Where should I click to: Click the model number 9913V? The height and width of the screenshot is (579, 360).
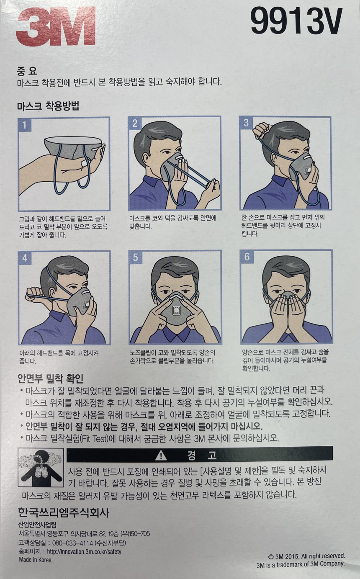click(x=297, y=21)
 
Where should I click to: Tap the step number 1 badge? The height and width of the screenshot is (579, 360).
click(x=25, y=125)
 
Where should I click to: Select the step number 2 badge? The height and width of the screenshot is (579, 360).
click(x=135, y=124)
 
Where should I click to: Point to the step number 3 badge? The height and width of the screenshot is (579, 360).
click(x=246, y=123)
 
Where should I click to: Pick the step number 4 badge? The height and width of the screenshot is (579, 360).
click(x=25, y=258)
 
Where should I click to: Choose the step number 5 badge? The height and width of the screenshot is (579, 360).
click(x=136, y=257)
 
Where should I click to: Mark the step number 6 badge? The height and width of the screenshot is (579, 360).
click(x=247, y=257)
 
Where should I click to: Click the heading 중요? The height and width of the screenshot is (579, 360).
click(x=27, y=71)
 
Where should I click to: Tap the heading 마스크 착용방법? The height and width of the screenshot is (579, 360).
click(x=48, y=106)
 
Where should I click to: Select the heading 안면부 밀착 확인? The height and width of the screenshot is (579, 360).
click(x=51, y=379)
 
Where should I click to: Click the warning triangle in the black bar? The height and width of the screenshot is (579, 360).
click(x=161, y=455)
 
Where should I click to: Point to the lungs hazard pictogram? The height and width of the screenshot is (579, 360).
click(x=41, y=468)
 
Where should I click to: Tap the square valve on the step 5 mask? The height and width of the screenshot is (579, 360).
click(x=176, y=310)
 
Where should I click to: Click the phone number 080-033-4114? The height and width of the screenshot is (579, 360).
click(x=72, y=543)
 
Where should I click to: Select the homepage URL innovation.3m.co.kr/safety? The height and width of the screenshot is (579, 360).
click(x=84, y=552)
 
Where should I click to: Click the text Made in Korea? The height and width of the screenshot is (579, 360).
click(x=35, y=560)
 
